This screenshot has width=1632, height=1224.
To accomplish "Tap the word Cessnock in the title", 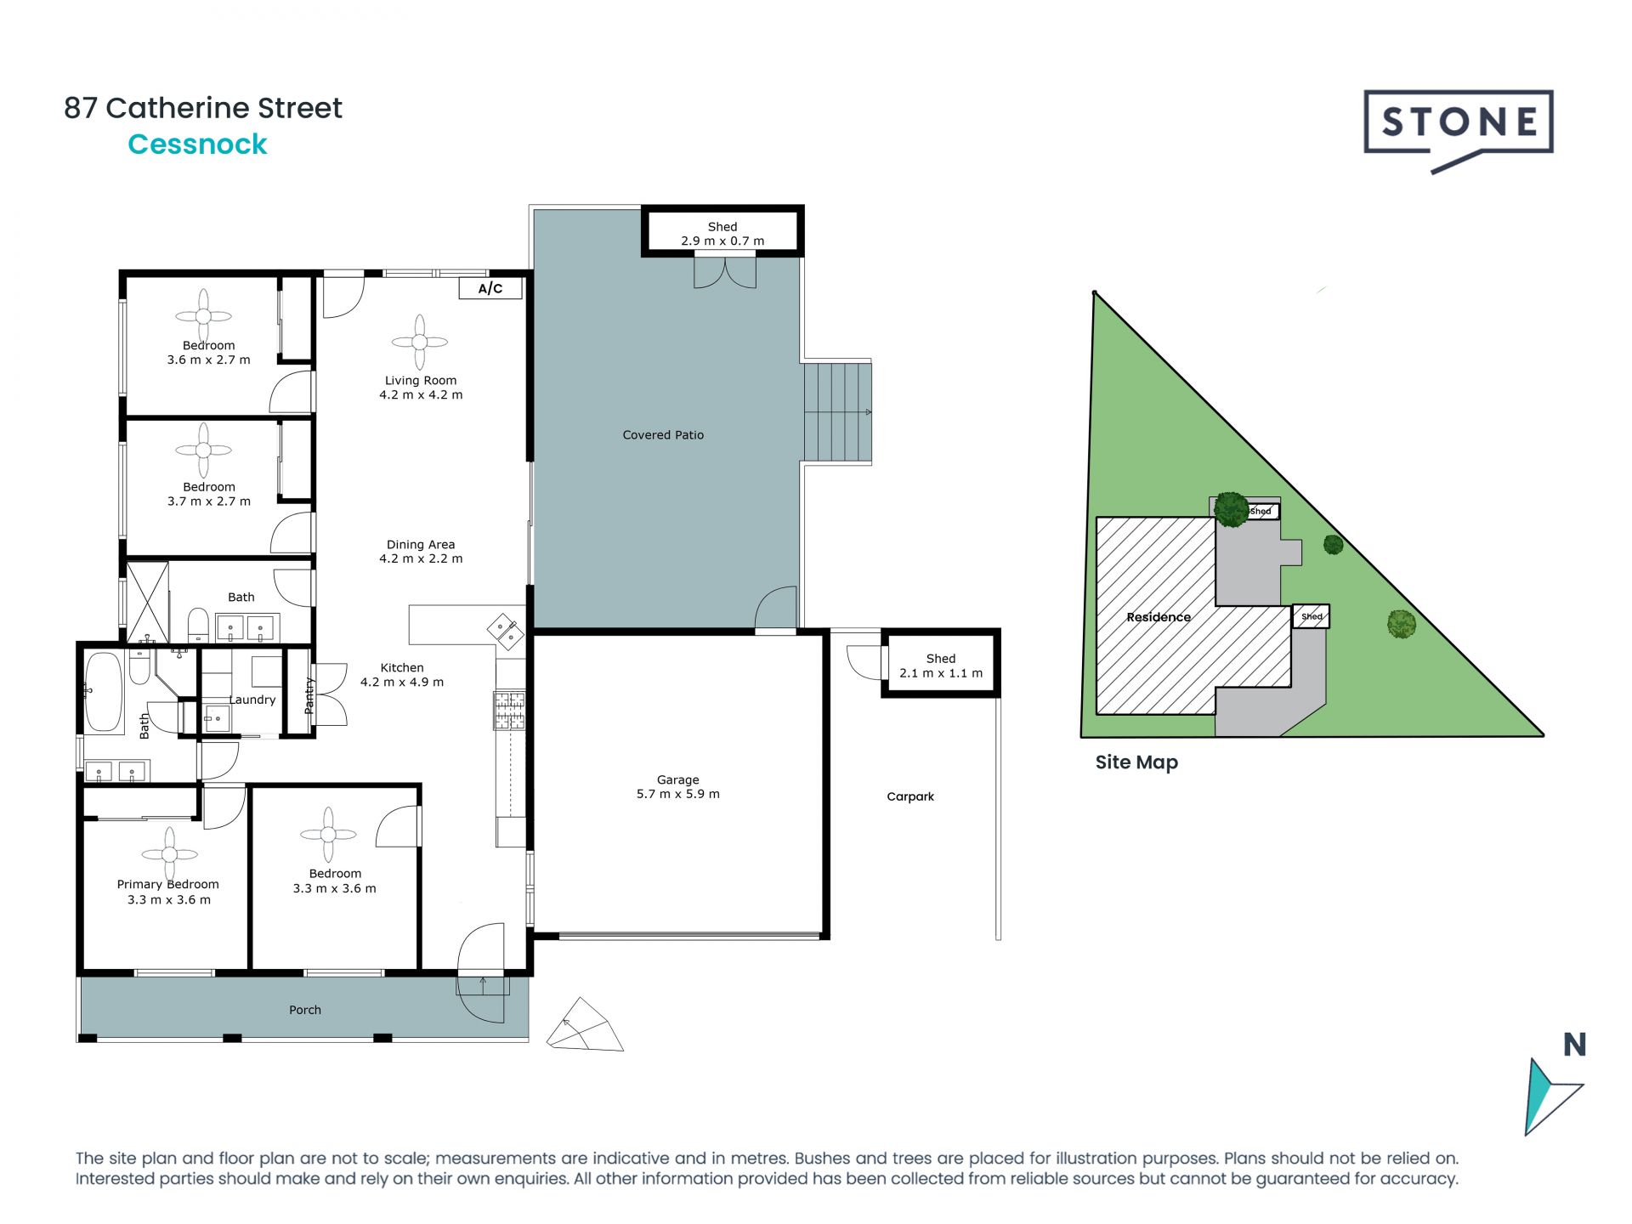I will (x=197, y=144).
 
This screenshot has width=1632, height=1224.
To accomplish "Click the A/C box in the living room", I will (x=490, y=288).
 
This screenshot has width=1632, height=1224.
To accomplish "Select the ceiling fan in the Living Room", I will (x=420, y=342).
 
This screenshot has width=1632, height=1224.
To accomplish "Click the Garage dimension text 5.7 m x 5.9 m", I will (x=677, y=794).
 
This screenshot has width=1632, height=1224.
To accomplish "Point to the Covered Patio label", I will (x=663, y=434).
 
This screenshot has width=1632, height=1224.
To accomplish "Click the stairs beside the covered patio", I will (x=838, y=412).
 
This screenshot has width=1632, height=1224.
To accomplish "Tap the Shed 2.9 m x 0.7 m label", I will (x=722, y=234).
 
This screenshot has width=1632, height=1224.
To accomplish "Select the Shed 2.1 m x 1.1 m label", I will (x=940, y=666).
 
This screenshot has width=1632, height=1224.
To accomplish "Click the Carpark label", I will (x=909, y=796).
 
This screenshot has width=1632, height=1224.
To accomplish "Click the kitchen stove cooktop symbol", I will (x=510, y=711).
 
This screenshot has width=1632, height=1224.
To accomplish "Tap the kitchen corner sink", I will (x=506, y=631).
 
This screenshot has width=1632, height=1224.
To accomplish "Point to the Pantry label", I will (x=309, y=695).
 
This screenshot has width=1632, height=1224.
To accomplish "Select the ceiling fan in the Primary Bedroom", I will (x=169, y=853).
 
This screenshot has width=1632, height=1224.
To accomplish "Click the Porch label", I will (x=305, y=1010).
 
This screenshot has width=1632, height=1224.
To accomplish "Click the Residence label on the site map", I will (x=1158, y=617).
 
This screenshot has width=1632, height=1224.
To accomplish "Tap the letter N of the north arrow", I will (x=1574, y=1045).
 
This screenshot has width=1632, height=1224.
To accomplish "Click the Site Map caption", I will (x=1136, y=762).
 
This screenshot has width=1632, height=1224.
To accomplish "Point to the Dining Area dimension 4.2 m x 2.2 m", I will (x=421, y=558).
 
